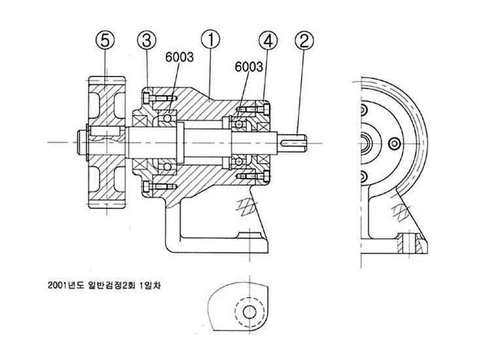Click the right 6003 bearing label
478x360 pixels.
point(249,67)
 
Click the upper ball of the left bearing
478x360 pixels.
point(169,118)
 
